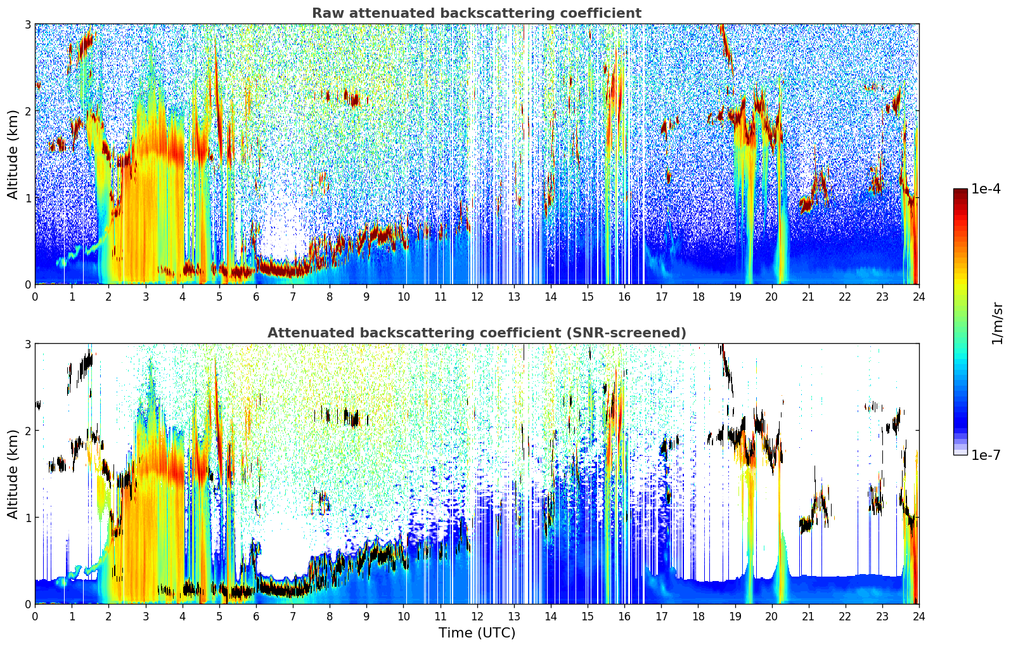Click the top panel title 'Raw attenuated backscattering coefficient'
476,13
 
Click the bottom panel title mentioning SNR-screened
476,333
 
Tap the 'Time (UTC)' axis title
477,632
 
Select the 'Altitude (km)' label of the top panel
13,154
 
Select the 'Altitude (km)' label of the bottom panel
13,474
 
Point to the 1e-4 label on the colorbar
986,189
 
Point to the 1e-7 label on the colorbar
986,455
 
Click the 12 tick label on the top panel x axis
477,296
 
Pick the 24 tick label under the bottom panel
918,616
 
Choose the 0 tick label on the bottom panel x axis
35,616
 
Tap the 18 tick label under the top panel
698,296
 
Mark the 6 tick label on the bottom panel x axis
256,616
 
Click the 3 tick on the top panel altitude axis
27,24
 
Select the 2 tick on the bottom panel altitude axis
27,431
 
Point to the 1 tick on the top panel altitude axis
27,198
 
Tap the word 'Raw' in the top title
325,13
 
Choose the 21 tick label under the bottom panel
808,616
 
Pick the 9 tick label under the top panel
366,296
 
